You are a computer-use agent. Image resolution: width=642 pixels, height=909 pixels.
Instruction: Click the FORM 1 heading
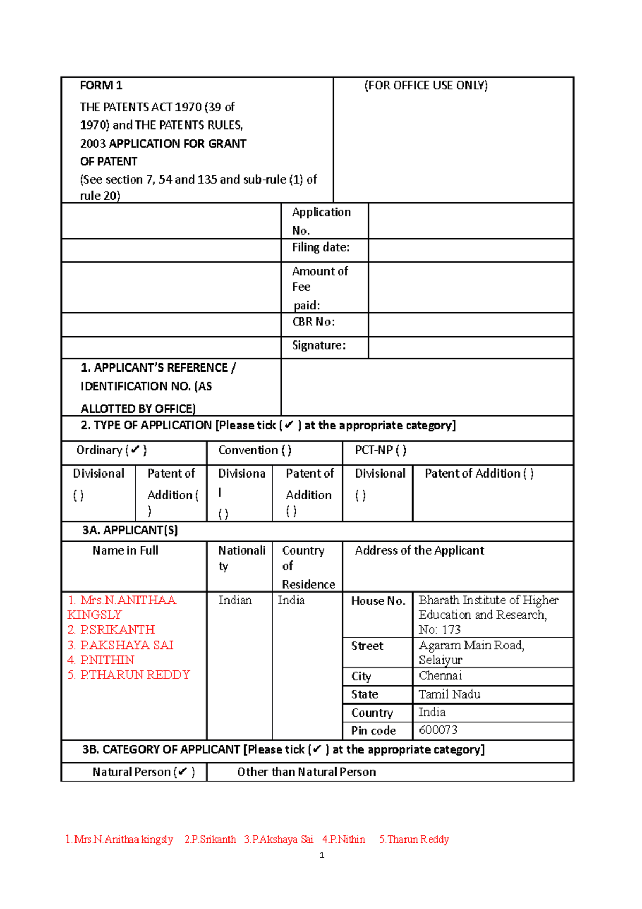point(101,86)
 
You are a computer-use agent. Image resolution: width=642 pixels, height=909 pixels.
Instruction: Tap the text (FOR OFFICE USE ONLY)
point(426,86)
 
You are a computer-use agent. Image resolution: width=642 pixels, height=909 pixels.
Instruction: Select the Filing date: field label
point(320,247)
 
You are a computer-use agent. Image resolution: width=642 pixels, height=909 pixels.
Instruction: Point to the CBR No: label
point(314,322)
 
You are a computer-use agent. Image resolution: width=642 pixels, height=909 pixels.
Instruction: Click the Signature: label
point(319,345)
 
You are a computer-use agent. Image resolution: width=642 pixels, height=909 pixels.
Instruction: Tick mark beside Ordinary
point(135,450)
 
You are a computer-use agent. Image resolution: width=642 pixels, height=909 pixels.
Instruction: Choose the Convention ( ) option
point(255,450)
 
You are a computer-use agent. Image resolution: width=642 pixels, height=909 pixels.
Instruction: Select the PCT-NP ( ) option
point(380,450)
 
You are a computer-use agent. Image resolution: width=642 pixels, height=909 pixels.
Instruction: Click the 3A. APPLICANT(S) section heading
point(130,530)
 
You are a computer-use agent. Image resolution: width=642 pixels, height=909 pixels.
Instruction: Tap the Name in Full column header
point(125,550)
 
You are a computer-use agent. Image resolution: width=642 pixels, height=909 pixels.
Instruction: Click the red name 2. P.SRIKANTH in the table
point(111,630)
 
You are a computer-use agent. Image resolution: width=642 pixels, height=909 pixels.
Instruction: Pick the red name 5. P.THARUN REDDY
point(129,675)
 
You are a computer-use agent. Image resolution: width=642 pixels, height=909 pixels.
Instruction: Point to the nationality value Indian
point(235,600)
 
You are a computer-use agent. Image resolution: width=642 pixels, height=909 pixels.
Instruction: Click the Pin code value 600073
point(438,730)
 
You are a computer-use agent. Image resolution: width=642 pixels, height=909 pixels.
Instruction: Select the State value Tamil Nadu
point(449,694)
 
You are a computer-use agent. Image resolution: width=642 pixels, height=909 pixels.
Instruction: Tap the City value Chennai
point(440,676)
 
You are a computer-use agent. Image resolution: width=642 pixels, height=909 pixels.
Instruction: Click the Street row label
point(367,646)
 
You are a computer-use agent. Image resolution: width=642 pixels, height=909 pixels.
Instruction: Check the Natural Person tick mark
point(182,772)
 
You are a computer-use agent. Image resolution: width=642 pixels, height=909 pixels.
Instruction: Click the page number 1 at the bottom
point(322,855)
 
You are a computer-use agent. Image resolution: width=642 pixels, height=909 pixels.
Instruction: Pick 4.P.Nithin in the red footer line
point(343,839)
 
